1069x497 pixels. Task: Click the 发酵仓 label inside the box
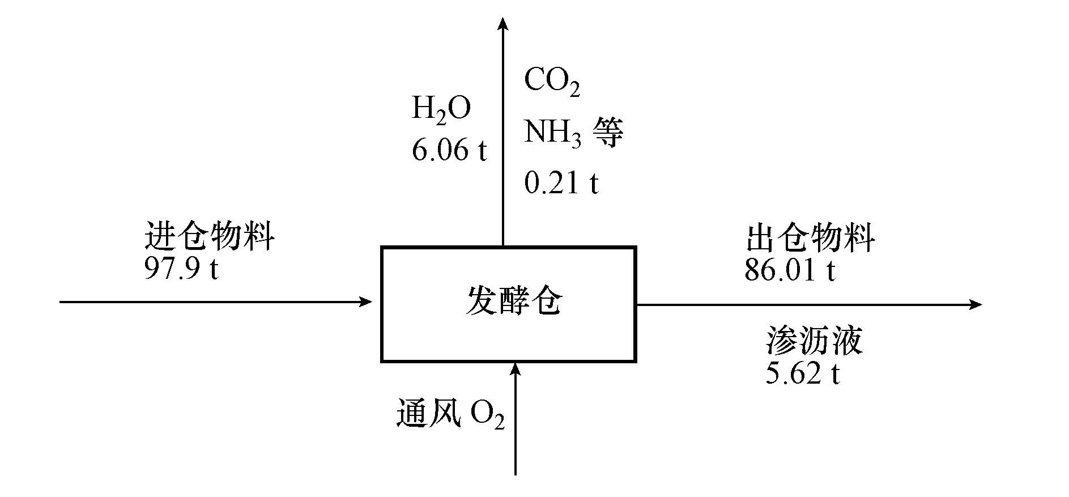coord(514,301)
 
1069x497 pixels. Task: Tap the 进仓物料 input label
coord(210,236)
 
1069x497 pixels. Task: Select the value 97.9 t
coord(181,268)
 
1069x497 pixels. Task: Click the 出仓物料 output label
coord(810,237)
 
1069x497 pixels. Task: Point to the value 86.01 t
coord(790,270)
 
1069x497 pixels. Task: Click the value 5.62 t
coord(802,373)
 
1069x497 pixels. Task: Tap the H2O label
coord(441,109)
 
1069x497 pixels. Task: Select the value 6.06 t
coord(449,150)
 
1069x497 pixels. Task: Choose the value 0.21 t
coord(561,183)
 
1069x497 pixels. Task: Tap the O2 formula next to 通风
coord(487,417)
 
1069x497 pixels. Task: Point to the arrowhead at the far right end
coord(975,305)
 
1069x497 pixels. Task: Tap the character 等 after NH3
coord(607,133)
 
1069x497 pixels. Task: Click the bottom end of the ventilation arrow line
coord(515,473)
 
